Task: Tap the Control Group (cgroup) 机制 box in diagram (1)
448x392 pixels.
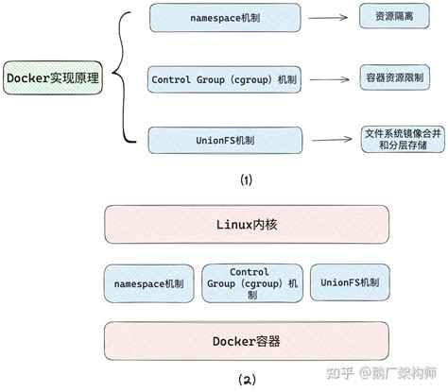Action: [x=222, y=79]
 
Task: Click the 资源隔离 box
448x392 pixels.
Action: [x=388, y=18]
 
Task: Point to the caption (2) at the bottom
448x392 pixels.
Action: [x=246, y=381]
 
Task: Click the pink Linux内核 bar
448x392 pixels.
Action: [x=246, y=227]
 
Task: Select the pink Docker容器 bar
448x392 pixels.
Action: [x=246, y=338]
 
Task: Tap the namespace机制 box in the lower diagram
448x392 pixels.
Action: [x=149, y=282]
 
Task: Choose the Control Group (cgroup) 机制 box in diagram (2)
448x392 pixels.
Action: [x=250, y=282]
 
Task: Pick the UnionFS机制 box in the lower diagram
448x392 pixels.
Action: [x=349, y=282]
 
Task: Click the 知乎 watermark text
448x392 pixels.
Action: [x=338, y=375]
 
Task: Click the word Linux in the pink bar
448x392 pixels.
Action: [x=232, y=227]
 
